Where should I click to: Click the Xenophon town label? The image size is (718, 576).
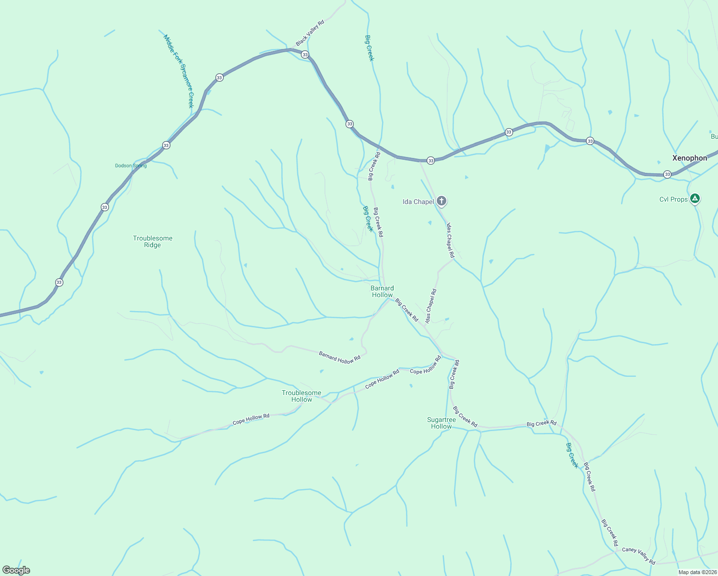click(689, 158)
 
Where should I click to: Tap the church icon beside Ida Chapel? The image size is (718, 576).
click(442, 201)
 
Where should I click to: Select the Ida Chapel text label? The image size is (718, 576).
click(418, 202)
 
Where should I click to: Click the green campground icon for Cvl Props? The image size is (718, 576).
click(694, 198)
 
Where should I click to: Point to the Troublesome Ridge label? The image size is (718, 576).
click(153, 241)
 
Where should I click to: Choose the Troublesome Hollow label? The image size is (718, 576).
click(301, 396)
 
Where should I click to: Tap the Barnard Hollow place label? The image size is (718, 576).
click(382, 291)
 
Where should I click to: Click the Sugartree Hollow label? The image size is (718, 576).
click(442, 423)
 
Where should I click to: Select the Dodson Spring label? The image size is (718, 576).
click(131, 166)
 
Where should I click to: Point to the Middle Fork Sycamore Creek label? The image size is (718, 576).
click(178, 71)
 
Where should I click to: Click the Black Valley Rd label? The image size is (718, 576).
click(310, 33)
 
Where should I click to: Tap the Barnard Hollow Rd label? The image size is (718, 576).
click(339, 357)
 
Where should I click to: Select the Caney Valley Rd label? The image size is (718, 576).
click(638, 555)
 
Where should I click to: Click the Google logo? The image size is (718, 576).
click(16, 570)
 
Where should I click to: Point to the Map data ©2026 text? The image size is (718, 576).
click(697, 572)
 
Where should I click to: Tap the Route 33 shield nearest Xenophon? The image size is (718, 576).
click(667, 174)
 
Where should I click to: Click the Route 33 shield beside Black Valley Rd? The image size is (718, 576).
click(305, 55)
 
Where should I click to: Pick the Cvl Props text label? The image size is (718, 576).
click(673, 199)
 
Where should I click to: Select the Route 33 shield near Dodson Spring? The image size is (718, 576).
click(166, 145)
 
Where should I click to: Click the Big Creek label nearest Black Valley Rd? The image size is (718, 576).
click(369, 48)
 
